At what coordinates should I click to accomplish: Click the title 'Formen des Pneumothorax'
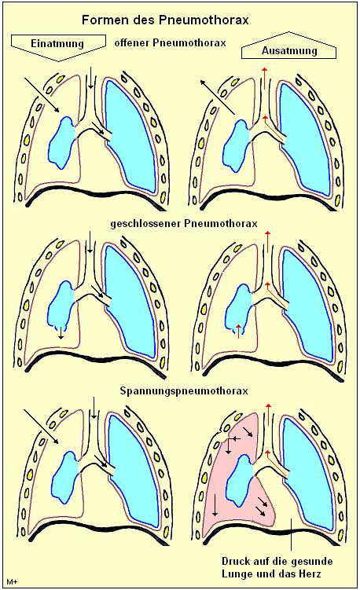(165, 20)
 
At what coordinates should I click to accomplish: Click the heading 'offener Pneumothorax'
(171, 43)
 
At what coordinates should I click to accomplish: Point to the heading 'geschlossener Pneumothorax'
(184, 223)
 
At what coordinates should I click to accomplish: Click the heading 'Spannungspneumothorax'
(184, 391)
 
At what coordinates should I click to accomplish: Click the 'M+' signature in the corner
(12, 582)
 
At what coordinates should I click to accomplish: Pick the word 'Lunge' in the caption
(235, 574)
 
